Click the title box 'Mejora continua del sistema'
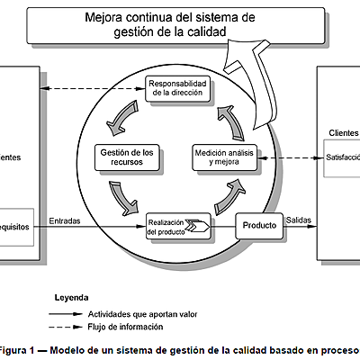169,24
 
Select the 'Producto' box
257,225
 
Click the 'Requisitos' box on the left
18,228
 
